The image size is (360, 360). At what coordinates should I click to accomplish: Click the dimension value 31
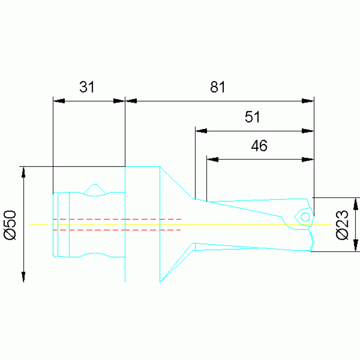coord(87,87)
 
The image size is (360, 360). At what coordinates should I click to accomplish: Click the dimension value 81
coord(218,87)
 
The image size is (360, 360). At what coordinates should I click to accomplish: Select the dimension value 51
coord(253,117)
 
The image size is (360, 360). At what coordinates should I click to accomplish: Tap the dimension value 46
coord(259,146)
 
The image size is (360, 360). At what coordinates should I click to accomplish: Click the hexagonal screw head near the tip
coord(305,217)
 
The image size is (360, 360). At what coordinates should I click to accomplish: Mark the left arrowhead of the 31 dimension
coord(59,101)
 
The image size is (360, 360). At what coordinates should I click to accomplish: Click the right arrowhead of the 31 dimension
coord(119,101)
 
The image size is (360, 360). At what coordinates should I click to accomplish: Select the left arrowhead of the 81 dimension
coord(131,101)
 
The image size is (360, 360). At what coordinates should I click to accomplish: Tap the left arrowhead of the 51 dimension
coord(201,131)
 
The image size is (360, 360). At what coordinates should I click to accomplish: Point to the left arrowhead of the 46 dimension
coord(213,160)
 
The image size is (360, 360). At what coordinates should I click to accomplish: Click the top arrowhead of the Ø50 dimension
coord(23,172)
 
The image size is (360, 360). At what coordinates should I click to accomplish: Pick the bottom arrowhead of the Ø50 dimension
coord(23,276)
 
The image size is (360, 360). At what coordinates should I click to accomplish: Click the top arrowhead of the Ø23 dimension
coord(355,203)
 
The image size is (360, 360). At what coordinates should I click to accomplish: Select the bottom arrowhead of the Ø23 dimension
coord(355,245)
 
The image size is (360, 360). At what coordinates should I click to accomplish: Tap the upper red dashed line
coord(117,219)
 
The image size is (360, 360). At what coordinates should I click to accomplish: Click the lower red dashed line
coord(117,230)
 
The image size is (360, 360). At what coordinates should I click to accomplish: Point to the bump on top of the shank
coord(96,188)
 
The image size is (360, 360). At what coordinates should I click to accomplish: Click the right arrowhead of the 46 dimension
coord(307,160)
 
